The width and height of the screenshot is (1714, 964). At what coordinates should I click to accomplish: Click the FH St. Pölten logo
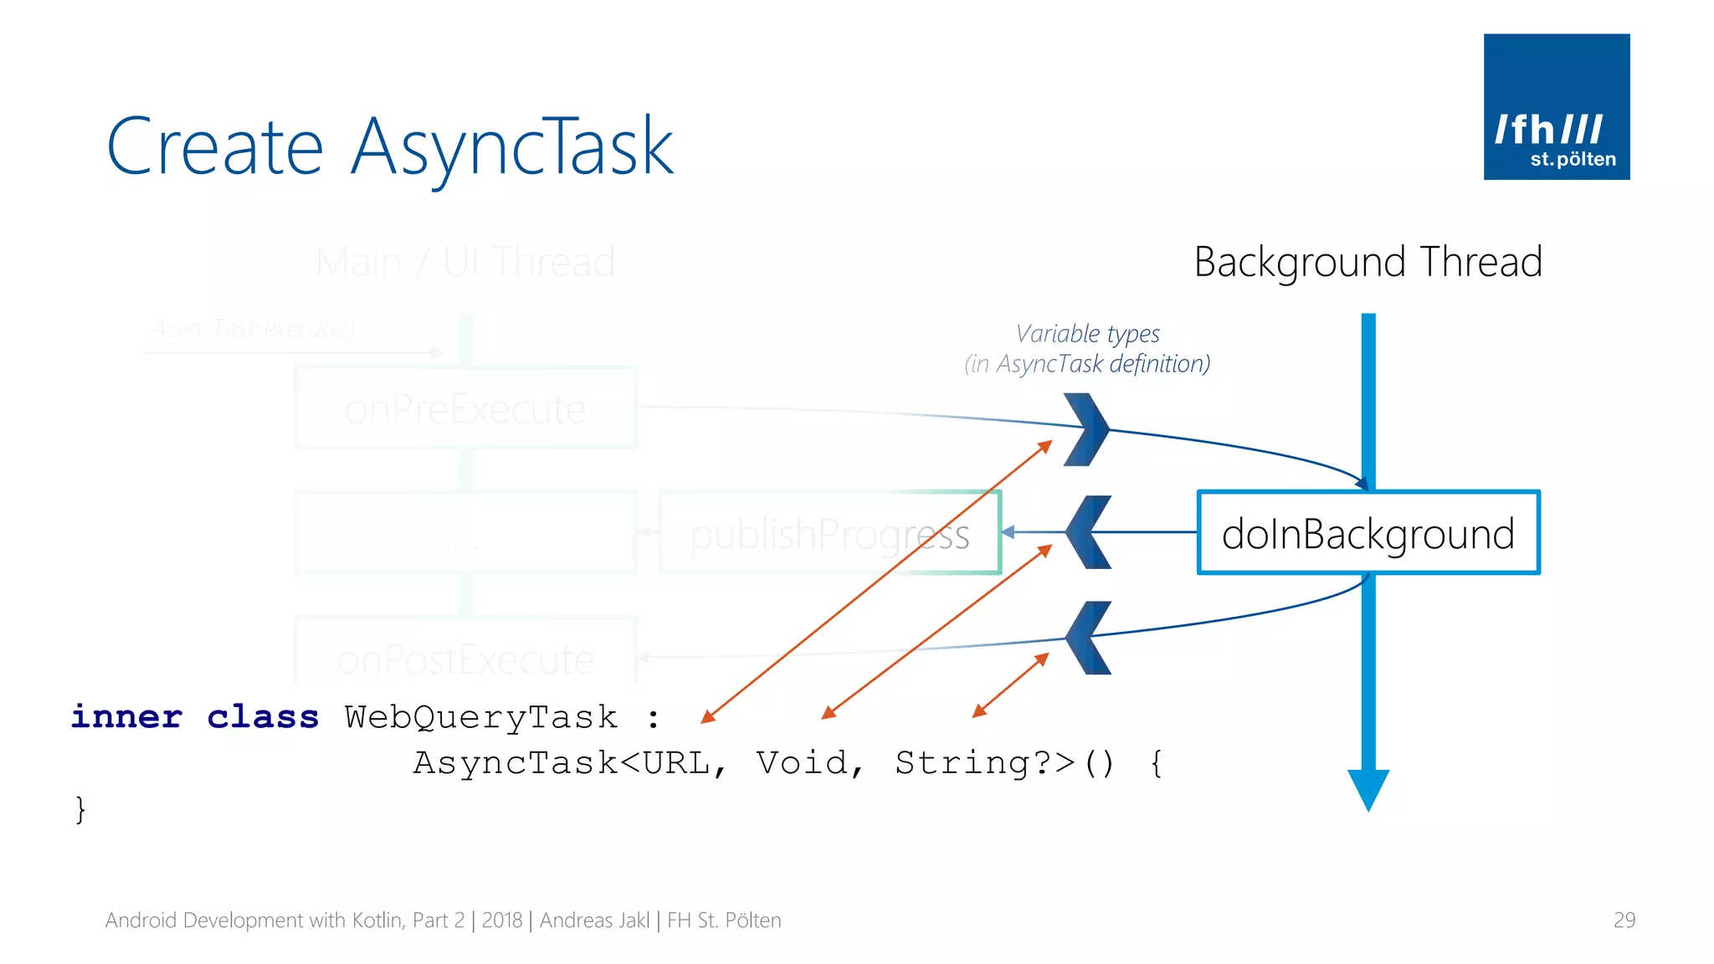pos(1556,106)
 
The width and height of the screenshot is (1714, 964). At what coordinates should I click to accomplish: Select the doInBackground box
pos(1368,533)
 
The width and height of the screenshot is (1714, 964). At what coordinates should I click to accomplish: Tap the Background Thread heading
pos(1368,262)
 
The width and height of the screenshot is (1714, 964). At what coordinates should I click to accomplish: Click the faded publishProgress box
pos(829,533)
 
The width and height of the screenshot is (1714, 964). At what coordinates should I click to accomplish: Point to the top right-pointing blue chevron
pos(1087,429)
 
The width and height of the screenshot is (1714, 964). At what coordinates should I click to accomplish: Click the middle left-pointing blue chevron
pos(1087,532)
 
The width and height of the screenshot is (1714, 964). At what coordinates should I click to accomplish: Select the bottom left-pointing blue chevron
pos(1087,638)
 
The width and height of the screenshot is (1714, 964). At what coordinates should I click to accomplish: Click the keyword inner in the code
pos(126,717)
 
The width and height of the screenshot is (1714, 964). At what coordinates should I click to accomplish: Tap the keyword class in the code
pos(263,717)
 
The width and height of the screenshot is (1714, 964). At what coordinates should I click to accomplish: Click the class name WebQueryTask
pos(481,717)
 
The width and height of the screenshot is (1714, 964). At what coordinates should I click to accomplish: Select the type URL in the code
pos(676,762)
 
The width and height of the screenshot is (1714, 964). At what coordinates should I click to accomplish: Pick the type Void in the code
pos(802,762)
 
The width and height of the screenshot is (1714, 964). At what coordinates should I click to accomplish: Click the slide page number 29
pos(1624,920)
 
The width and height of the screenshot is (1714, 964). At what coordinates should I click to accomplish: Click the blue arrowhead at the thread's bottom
pos(1368,789)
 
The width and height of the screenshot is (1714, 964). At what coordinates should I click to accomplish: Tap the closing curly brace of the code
pos(80,809)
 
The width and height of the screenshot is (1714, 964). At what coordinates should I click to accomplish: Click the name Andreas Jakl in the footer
pos(594,920)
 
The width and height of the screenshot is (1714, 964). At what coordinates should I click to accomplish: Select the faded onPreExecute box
pos(465,408)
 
